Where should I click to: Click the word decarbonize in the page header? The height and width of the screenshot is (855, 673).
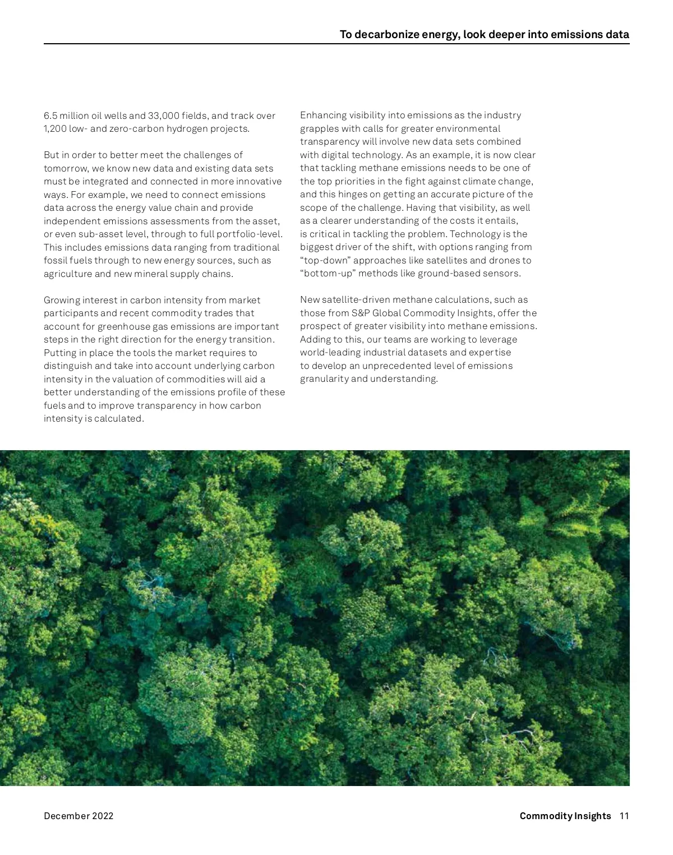pos(386,35)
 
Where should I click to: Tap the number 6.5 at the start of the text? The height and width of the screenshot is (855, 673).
pos(50,116)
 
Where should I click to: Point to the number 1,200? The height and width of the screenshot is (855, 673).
pos(55,129)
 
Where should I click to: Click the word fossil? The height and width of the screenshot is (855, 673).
pos(56,261)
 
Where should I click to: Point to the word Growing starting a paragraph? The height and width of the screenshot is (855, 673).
pos(62,301)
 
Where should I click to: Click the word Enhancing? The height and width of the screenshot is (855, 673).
pos(323,115)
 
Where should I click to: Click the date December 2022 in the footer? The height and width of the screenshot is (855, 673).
pos(79,816)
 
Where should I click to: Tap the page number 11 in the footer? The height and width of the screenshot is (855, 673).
pos(624,816)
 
